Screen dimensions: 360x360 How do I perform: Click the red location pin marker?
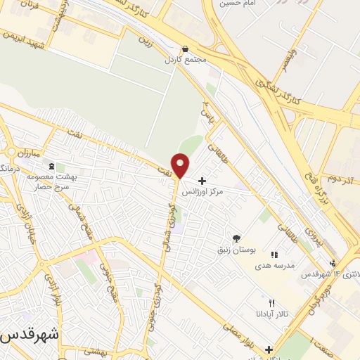click(181, 166)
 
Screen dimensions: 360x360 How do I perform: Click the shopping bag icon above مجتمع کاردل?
click(185, 49)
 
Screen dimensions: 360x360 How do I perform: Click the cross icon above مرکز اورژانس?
click(202, 181)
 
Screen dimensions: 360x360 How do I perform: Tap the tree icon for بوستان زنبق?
click(236, 239)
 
